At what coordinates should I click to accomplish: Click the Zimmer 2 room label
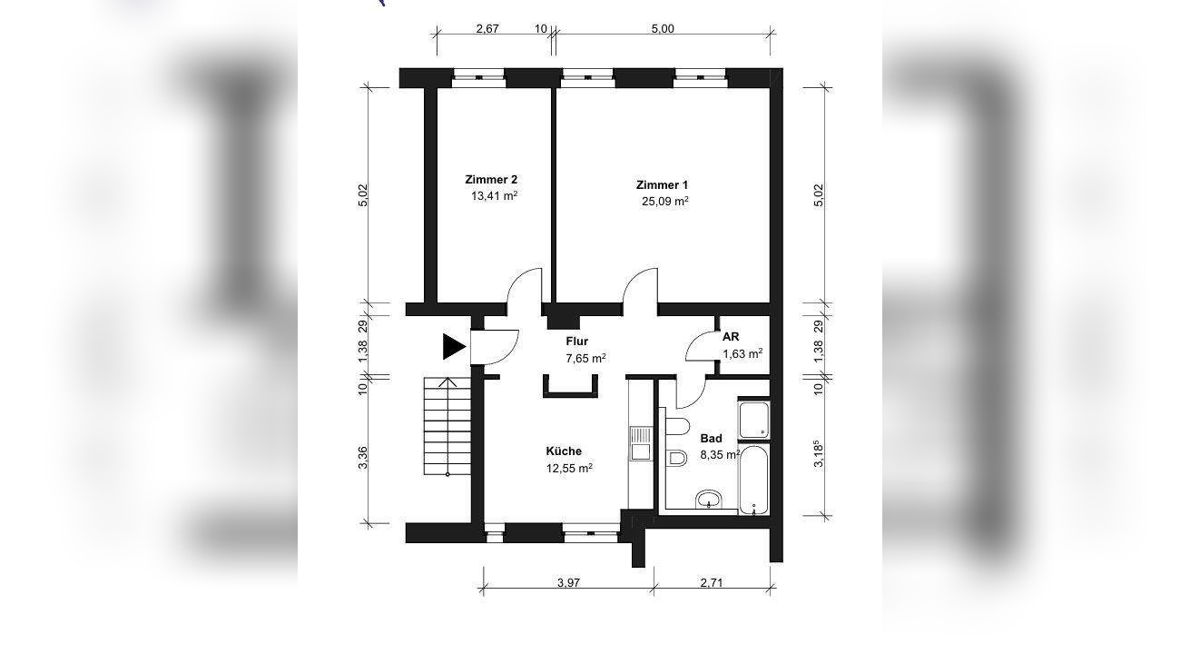(x=491, y=180)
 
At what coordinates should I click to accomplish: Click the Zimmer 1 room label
(x=662, y=185)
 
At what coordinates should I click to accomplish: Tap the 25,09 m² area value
(x=664, y=202)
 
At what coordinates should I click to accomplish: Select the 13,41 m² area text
(x=494, y=196)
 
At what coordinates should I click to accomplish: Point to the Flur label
(x=576, y=341)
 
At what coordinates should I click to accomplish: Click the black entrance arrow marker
(x=454, y=347)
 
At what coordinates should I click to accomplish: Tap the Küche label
(x=564, y=451)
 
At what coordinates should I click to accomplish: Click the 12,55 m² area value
(x=569, y=468)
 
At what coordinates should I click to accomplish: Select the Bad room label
(x=711, y=439)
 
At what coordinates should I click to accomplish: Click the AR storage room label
(x=731, y=337)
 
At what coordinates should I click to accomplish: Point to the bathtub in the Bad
(x=753, y=481)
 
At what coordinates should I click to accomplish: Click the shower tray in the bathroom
(x=753, y=420)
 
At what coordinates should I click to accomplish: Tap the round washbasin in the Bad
(x=709, y=499)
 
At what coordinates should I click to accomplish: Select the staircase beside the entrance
(x=447, y=426)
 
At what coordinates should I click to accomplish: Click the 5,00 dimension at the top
(x=663, y=28)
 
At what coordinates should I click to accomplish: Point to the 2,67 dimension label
(x=487, y=28)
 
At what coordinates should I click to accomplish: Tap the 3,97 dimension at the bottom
(x=568, y=582)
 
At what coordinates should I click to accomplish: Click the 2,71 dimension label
(x=712, y=582)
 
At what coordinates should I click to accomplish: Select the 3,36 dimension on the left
(x=363, y=458)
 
